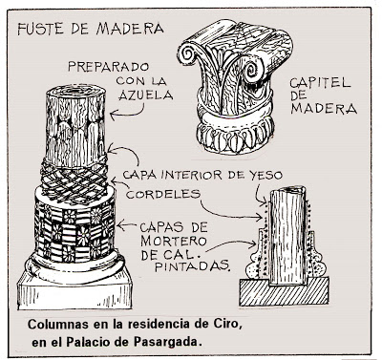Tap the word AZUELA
(146, 95)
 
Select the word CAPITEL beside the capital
(320, 83)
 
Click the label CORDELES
(163, 194)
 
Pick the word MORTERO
(174, 241)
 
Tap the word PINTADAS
(193, 266)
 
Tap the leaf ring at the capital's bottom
(236, 137)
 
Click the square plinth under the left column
(74, 292)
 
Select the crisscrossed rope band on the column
(74, 182)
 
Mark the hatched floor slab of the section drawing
(284, 291)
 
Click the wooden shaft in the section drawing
(286, 236)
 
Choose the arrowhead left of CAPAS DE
(119, 226)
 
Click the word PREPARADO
(108, 67)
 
